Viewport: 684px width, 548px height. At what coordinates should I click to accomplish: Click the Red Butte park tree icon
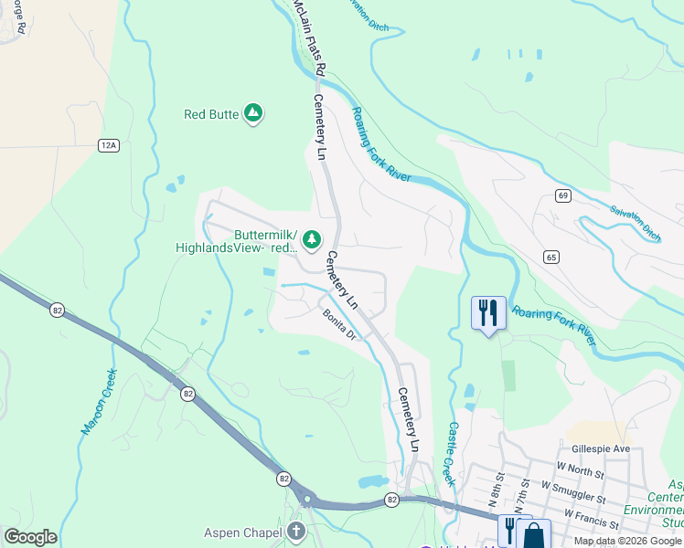click(253, 114)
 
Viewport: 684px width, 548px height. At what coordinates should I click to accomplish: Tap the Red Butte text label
click(211, 114)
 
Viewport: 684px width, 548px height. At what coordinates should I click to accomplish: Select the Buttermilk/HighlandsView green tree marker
click(312, 239)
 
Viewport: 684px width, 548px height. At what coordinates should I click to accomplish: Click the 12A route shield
click(110, 144)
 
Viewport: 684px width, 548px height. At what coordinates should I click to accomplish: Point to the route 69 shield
click(562, 195)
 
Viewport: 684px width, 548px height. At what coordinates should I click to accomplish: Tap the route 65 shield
click(550, 257)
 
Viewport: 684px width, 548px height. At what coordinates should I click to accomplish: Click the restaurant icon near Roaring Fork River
click(488, 313)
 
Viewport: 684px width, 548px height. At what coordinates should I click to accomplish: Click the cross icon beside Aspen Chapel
click(295, 531)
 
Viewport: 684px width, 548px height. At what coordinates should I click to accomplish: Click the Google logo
click(30, 537)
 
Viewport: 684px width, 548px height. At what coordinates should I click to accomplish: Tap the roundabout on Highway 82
click(307, 499)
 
